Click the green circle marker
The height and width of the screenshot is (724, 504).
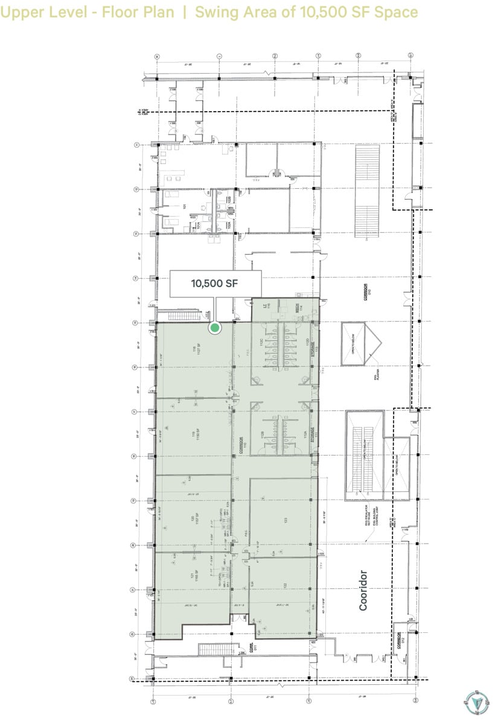(214, 328)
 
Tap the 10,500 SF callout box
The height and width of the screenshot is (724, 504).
(216, 284)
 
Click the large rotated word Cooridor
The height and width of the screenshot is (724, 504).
(363, 590)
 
